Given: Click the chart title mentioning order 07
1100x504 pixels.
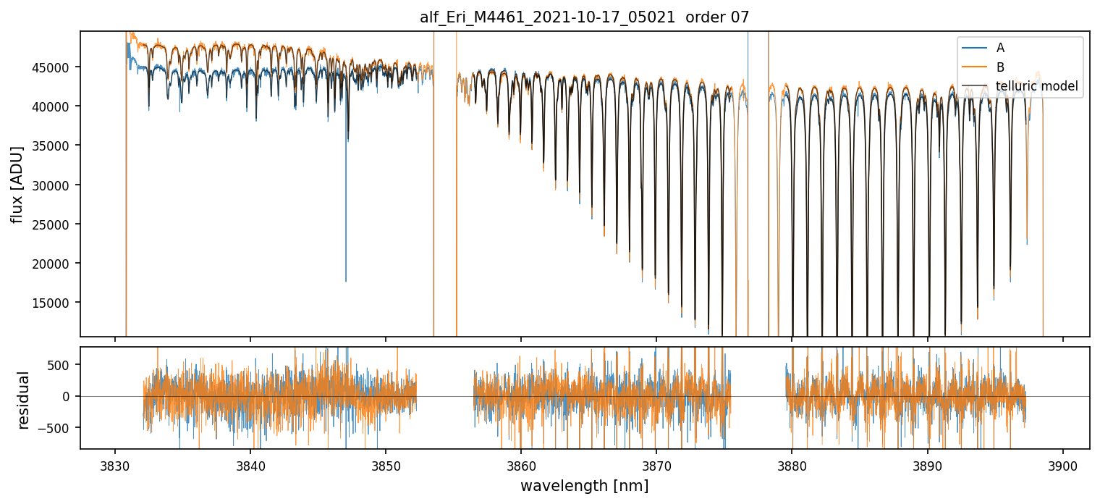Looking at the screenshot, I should pos(584,17).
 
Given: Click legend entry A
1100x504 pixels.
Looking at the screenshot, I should pos(1000,48).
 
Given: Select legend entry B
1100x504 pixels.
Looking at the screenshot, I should pos(1000,67).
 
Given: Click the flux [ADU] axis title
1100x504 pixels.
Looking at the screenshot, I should pos(17,184).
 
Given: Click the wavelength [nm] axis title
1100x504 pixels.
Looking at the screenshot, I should pos(584,486).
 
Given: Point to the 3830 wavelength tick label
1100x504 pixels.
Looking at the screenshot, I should pos(114,464).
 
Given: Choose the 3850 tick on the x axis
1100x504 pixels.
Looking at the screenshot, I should pos(385,464).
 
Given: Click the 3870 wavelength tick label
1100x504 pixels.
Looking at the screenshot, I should pos(656,464).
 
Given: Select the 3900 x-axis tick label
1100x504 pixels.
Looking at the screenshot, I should pos(1062,464).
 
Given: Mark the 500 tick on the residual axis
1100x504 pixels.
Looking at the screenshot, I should pos(64,364).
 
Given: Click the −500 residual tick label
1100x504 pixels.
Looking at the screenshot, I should pos(62,428).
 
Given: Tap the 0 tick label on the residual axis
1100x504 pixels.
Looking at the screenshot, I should pos(69,396).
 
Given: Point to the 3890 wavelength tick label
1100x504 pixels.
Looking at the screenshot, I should pos(927,464).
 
